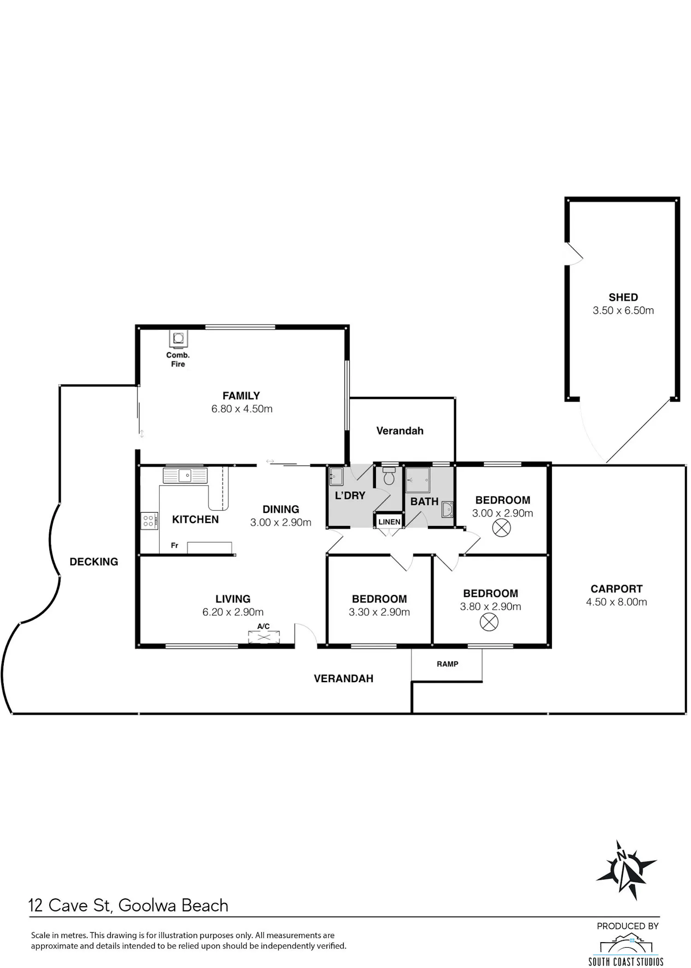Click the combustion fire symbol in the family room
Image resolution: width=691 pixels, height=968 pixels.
click(x=178, y=338)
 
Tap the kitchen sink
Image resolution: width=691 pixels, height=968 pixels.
click(x=185, y=475)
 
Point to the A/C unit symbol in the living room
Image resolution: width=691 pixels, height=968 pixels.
click(x=264, y=637)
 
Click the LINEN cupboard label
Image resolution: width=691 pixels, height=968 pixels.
click(x=389, y=522)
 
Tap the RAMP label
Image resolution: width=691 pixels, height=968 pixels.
click(x=447, y=664)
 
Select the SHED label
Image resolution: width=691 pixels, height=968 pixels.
click(x=623, y=297)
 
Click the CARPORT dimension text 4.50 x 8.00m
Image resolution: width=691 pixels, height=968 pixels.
click(x=616, y=602)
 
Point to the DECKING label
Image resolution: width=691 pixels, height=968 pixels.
click(x=94, y=561)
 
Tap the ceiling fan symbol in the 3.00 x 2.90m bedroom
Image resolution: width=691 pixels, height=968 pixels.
click(x=502, y=528)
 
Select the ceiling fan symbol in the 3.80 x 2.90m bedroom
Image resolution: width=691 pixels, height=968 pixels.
click(x=489, y=622)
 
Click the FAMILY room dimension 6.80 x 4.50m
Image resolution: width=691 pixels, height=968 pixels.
click(x=242, y=409)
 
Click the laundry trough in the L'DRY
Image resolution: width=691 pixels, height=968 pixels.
click(x=336, y=477)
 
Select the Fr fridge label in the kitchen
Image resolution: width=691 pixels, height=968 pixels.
click(x=175, y=545)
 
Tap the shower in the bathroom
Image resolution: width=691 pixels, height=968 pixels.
click(x=418, y=480)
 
